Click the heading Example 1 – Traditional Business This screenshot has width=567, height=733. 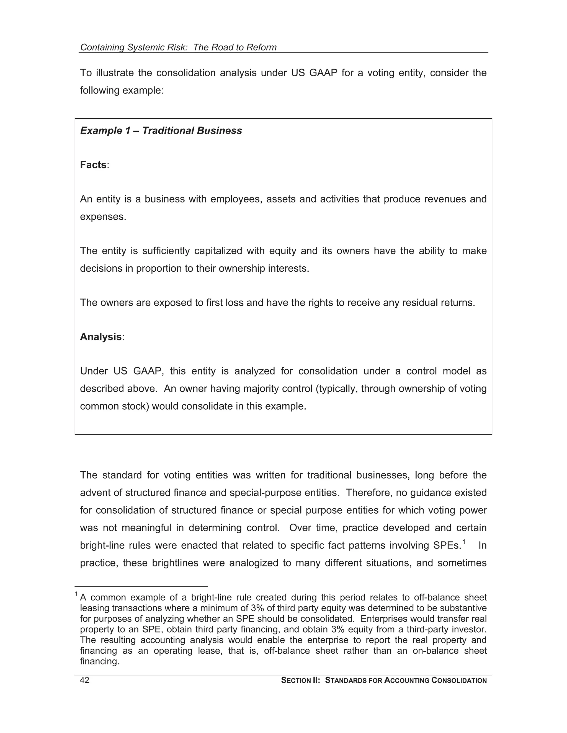pos(161,131)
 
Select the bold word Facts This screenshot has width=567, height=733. pos(93,165)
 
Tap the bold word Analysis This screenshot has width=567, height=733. pos(100,337)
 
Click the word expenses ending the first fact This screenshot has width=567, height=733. pos(103,217)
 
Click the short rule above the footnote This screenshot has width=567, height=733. pos(141,587)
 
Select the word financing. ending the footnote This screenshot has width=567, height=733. pos(100,662)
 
